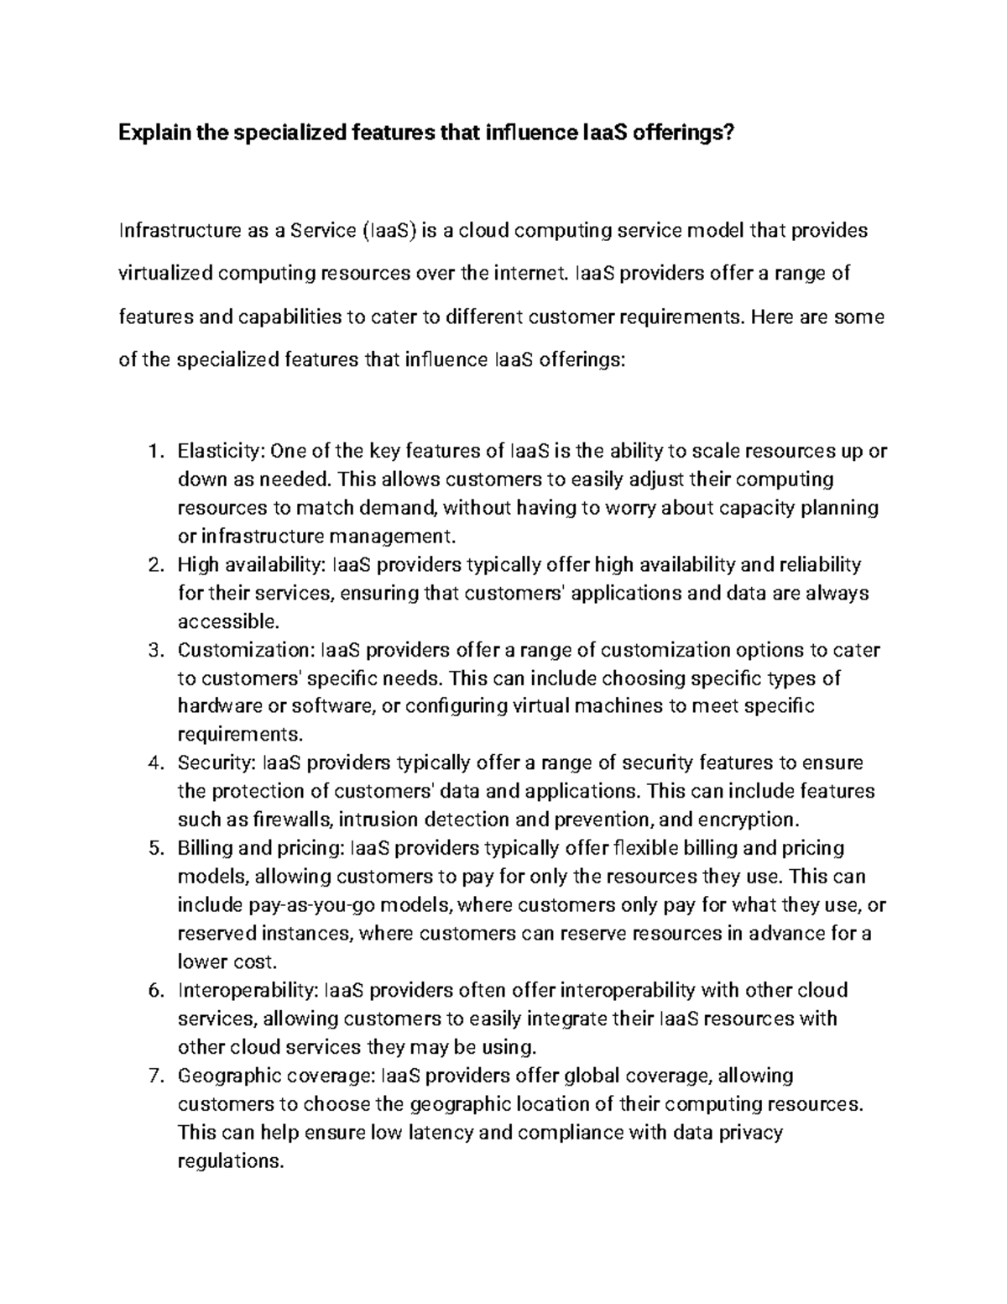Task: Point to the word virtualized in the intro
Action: pos(166,273)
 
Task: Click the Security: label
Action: pos(217,763)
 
